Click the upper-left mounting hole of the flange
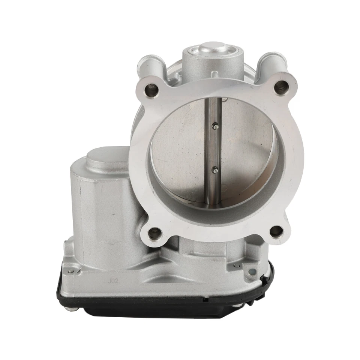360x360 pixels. (152, 90)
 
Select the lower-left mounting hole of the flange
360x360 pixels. (154, 234)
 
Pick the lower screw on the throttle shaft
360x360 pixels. (215, 171)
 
